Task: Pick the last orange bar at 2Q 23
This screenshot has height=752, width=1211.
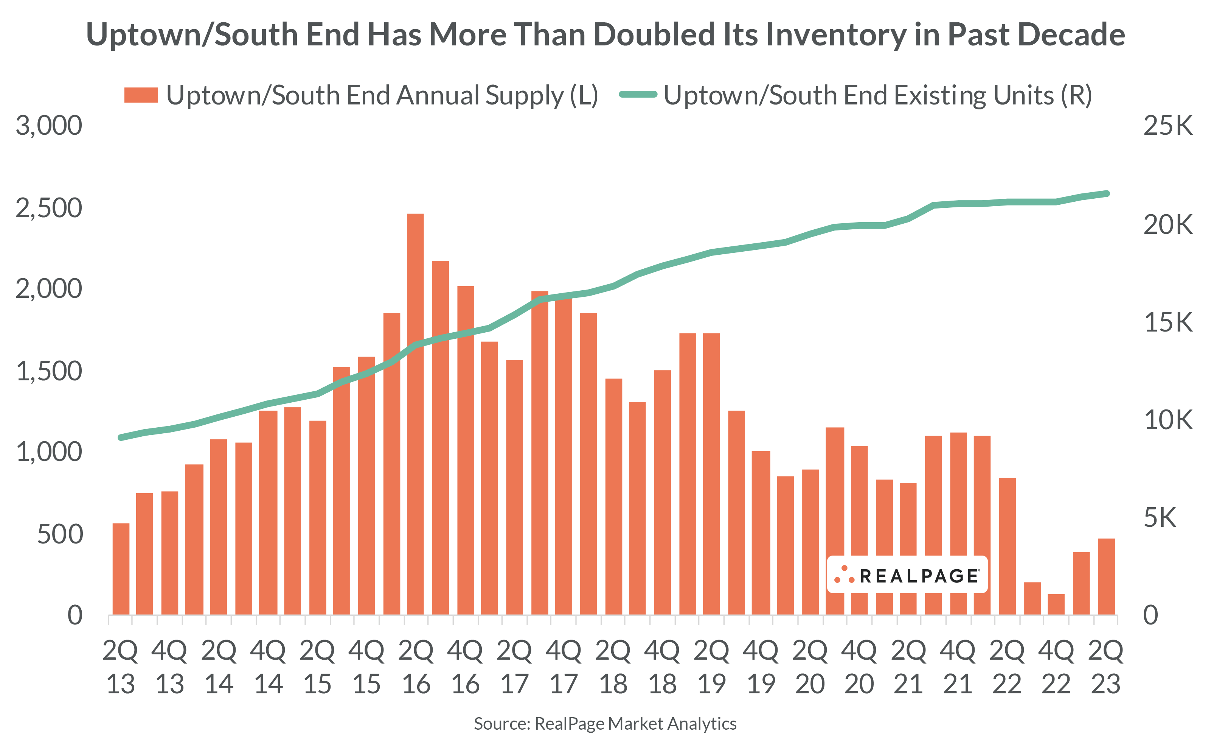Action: [1106, 576]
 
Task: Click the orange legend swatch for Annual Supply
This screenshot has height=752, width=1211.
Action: [141, 95]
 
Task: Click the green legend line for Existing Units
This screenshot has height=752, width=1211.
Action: [638, 95]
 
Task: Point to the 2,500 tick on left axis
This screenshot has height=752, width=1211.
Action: [49, 207]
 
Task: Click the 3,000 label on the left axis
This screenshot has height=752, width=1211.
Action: [49, 125]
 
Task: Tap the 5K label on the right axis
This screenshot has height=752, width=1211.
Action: [1159, 517]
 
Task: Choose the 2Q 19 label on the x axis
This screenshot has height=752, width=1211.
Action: [711, 666]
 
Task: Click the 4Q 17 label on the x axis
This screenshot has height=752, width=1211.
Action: [564, 666]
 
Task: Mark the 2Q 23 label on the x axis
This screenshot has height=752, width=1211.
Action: [1105, 666]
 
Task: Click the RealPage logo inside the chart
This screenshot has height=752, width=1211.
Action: [907, 575]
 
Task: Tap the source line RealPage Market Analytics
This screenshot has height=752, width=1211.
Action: [605, 723]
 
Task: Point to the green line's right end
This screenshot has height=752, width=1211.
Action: [1107, 193]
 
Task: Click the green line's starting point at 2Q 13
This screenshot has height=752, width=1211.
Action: [121, 437]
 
